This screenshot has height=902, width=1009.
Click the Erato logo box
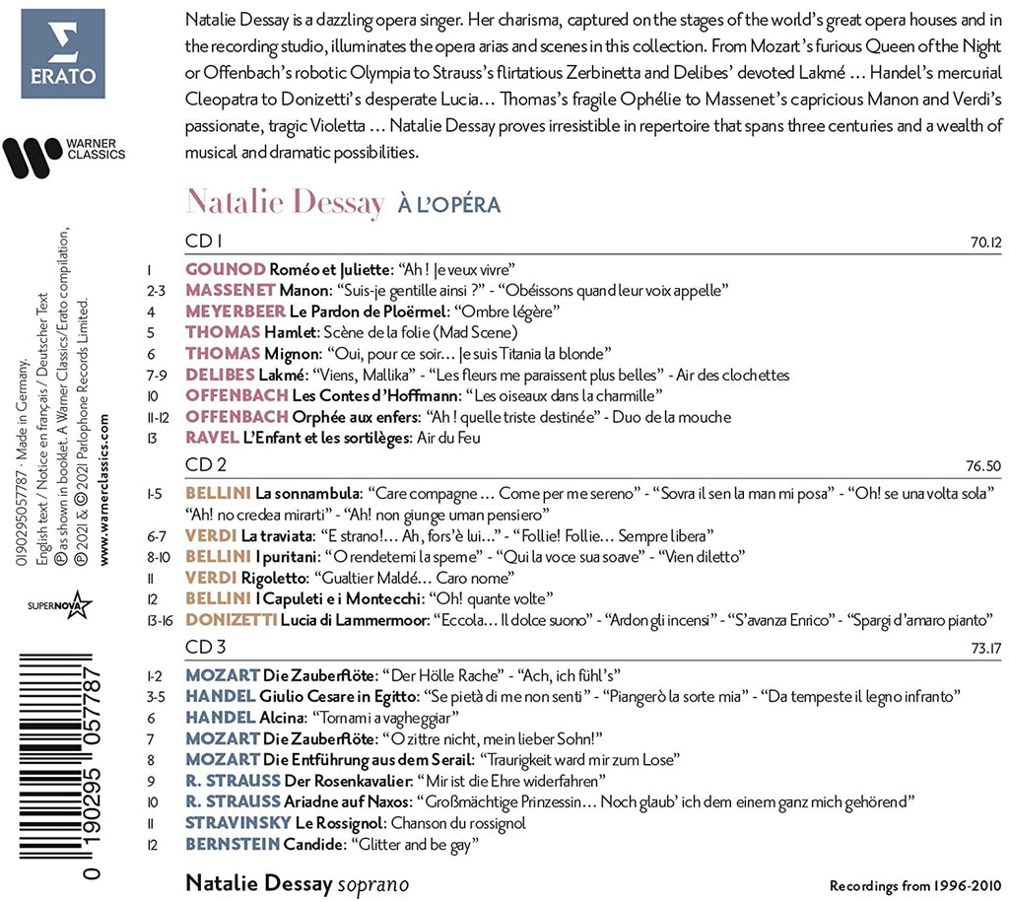click(x=63, y=53)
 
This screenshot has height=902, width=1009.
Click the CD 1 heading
click(x=205, y=241)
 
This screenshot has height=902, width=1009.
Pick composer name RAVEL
click(x=210, y=438)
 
